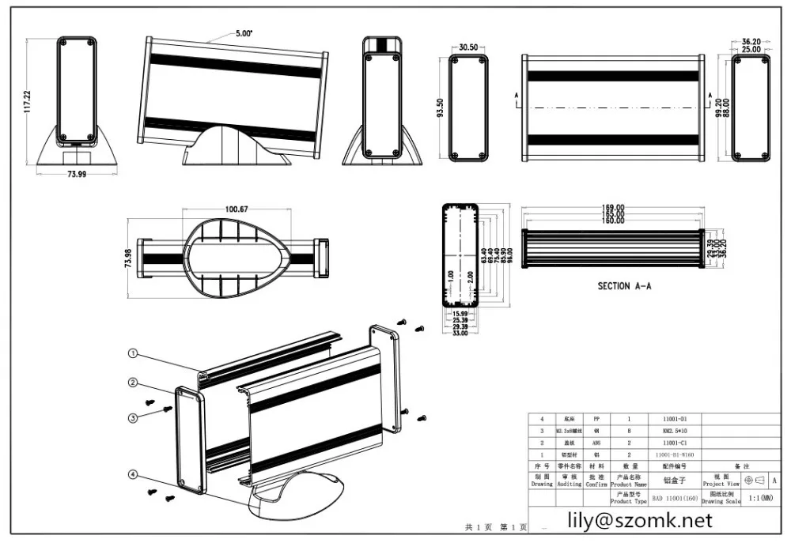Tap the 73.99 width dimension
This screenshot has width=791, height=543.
[77, 175]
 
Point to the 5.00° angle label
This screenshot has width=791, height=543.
[244, 33]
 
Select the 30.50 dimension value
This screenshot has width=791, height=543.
[468, 47]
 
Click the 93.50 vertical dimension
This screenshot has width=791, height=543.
[440, 107]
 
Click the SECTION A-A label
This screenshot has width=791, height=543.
[624, 286]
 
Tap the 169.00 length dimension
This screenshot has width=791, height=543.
[613, 208]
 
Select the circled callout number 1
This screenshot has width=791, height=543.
[134, 353]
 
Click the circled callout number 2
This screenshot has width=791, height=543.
[134, 383]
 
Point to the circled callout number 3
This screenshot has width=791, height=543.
[134, 417]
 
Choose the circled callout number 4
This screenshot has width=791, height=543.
[134, 474]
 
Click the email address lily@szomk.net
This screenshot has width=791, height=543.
[642, 520]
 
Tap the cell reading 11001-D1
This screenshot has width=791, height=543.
[674, 419]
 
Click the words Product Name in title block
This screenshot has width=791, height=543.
[628, 484]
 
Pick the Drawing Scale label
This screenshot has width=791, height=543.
[721, 501]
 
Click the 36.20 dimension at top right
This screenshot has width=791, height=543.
[751, 40]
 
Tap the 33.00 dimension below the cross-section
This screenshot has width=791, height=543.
[459, 334]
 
